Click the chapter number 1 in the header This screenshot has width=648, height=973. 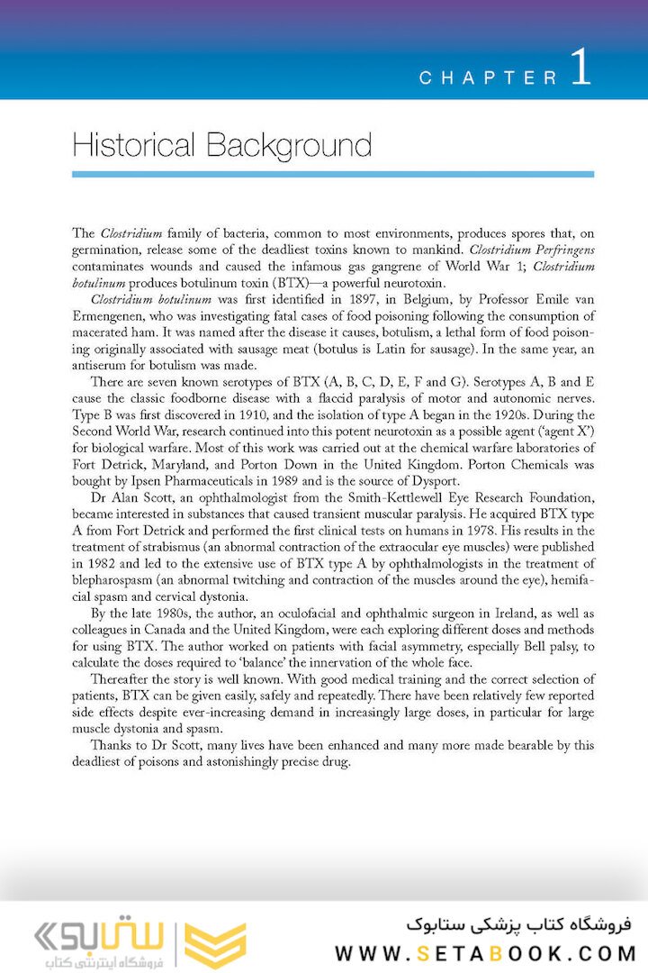(x=580, y=68)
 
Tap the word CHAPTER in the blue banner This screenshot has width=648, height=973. (x=489, y=78)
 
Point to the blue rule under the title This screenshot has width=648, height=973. (x=333, y=174)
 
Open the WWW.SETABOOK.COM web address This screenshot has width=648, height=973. (x=486, y=952)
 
